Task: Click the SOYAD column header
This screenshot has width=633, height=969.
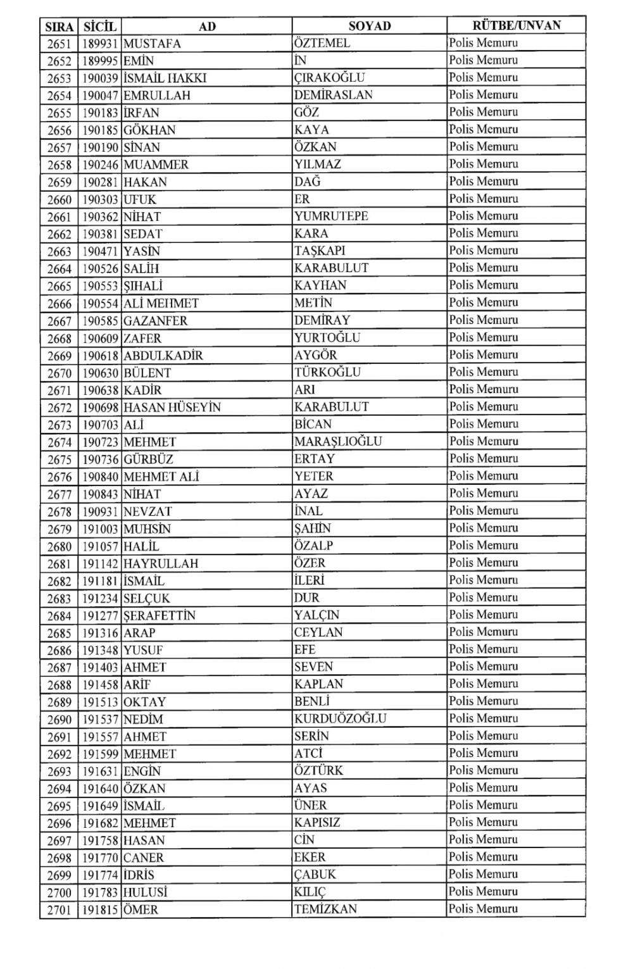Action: click(370, 26)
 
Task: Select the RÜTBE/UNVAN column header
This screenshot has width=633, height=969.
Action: click(517, 25)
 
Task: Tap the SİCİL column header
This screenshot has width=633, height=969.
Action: click(100, 27)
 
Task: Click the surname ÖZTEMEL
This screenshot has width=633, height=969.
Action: click(322, 43)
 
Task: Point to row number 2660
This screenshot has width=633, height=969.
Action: click(60, 199)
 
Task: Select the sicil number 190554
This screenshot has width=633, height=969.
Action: click(100, 303)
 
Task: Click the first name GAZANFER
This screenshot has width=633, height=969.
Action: click(155, 321)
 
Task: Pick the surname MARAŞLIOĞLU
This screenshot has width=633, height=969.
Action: click(338, 441)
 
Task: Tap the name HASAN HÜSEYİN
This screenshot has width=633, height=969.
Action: click(172, 407)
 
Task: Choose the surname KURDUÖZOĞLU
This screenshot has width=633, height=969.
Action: click(340, 718)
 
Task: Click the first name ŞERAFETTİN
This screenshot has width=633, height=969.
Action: click(160, 615)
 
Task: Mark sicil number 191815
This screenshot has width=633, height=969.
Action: click(100, 910)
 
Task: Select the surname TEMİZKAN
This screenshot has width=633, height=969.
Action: click(325, 909)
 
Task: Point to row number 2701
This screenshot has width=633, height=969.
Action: click(60, 910)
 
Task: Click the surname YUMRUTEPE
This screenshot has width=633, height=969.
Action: click(331, 216)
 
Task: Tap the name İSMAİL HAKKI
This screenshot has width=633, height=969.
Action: click(165, 78)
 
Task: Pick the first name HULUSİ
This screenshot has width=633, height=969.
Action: click(146, 892)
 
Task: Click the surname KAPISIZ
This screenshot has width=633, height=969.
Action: click(317, 822)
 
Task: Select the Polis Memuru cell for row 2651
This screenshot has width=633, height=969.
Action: click(484, 43)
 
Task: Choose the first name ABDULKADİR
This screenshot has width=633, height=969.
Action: click(163, 355)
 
